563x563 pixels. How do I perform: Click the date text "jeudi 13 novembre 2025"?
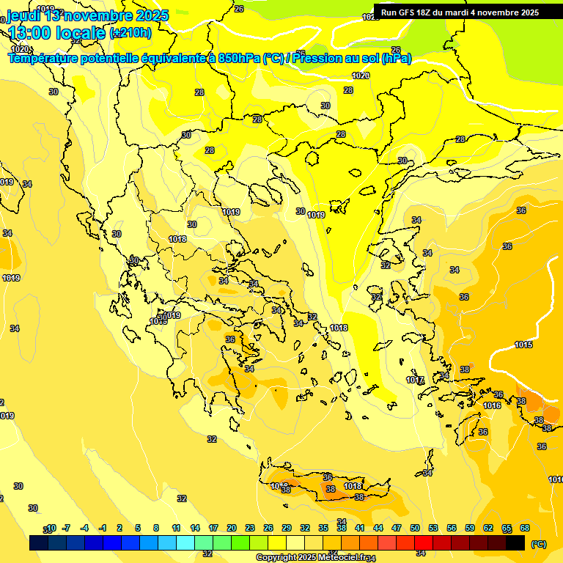88,15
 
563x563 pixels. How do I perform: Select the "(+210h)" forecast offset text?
130,33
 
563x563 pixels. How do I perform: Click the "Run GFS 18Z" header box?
460,12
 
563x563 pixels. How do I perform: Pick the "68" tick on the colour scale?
525,528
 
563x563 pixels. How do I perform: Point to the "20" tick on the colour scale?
232,528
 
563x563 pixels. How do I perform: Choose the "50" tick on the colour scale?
415,528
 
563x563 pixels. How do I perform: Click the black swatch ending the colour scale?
515,542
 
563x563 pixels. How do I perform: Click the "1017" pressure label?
415,380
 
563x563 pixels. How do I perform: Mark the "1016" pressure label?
492,405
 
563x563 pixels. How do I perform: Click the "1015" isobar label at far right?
523,345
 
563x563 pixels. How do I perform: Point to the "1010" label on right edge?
556,479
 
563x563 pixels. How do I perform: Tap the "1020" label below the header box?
360,76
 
